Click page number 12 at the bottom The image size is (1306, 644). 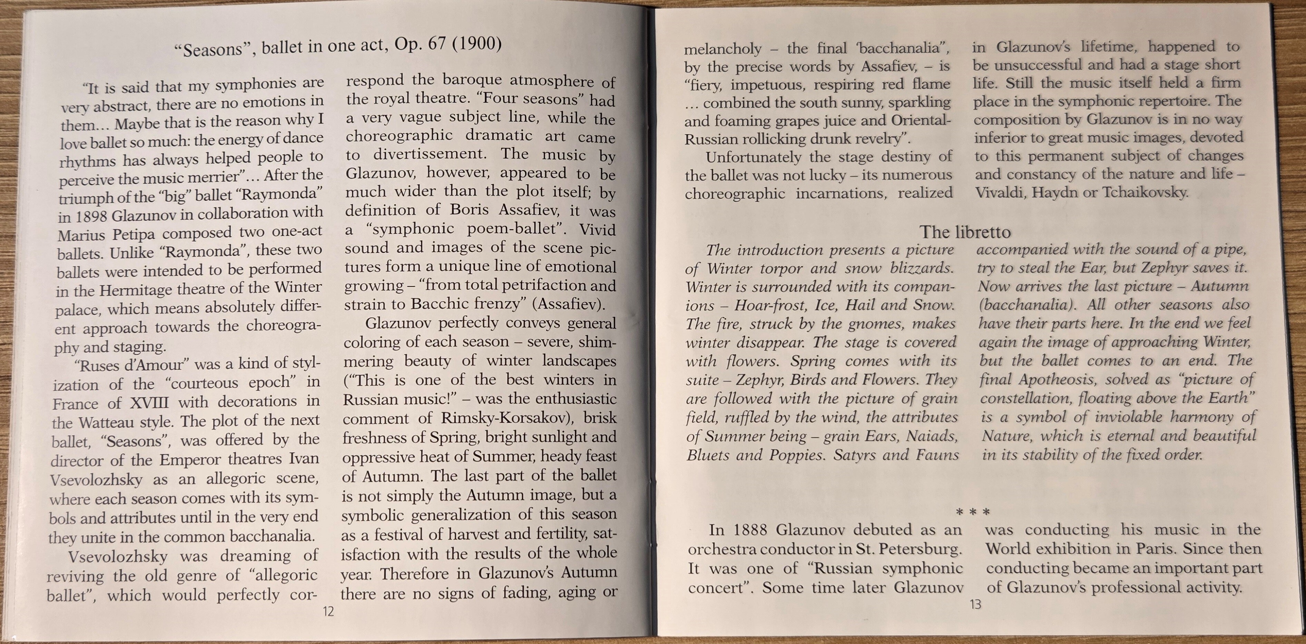[328, 612]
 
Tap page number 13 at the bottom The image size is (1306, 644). [975, 604]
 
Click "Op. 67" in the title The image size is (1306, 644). [420, 44]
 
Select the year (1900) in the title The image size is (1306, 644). [477, 43]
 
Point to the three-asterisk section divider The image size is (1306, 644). [972, 512]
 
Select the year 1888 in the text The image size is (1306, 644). [752, 530]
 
